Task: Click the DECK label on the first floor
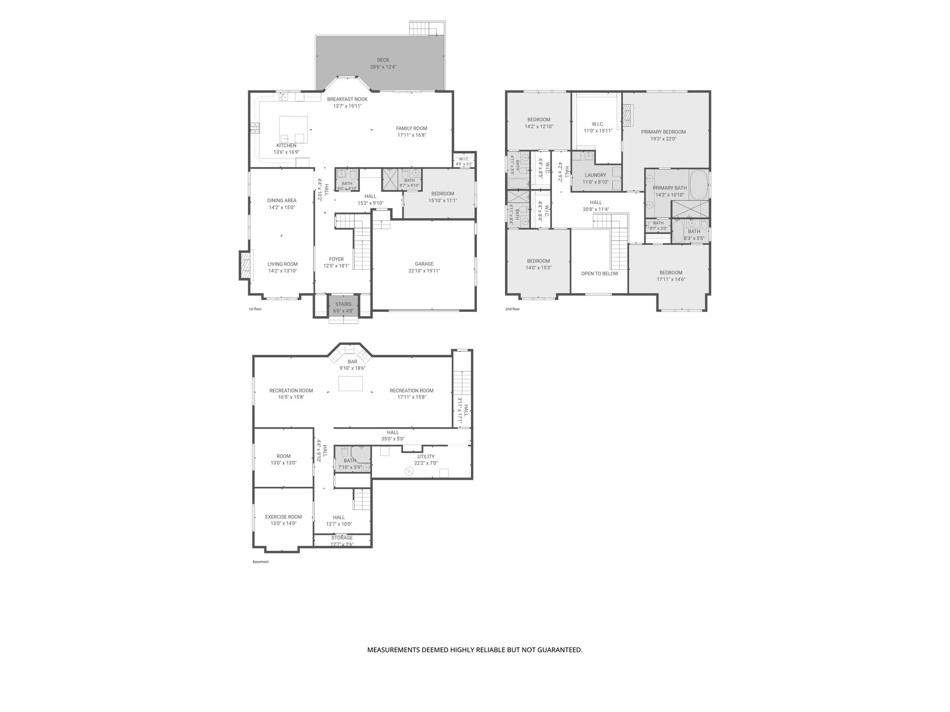pyautogui.click(x=383, y=60)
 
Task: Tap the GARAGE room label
pyautogui.click(x=424, y=264)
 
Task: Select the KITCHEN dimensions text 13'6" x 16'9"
pyautogui.click(x=286, y=152)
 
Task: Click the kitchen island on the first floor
pyautogui.click(x=293, y=130)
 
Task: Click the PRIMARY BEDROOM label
pyautogui.click(x=663, y=132)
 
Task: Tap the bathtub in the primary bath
pyautogui.click(x=699, y=184)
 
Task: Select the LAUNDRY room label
pyautogui.click(x=596, y=175)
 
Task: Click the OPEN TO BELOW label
pyautogui.click(x=600, y=273)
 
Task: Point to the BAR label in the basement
pyautogui.click(x=353, y=362)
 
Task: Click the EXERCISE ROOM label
pyautogui.click(x=283, y=517)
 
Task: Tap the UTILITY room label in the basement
pyautogui.click(x=426, y=457)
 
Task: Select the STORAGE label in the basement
pyautogui.click(x=342, y=538)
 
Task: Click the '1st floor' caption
pyautogui.click(x=255, y=309)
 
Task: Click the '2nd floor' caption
pyautogui.click(x=513, y=309)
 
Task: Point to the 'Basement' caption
pyautogui.click(x=261, y=562)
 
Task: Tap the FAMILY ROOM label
pyautogui.click(x=411, y=128)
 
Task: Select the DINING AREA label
pyautogui.click(x=282, y=201)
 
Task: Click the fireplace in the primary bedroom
pyautogui.click(x=628, y=115)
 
